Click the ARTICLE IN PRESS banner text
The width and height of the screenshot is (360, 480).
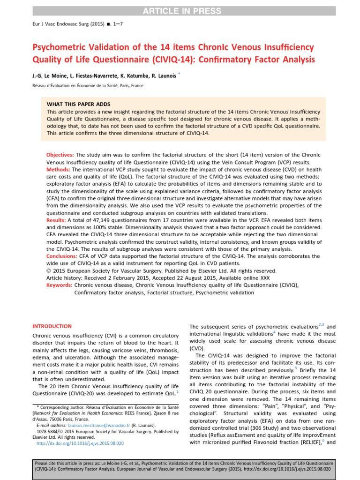[180, 10]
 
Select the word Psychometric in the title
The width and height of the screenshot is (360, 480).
[56, 47]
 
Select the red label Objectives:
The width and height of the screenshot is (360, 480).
[60, 155]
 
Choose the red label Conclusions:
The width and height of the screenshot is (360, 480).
[64, 257]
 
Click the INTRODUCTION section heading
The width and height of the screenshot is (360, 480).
[52, 326]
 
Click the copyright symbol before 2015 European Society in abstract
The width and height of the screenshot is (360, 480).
[49, 271]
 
